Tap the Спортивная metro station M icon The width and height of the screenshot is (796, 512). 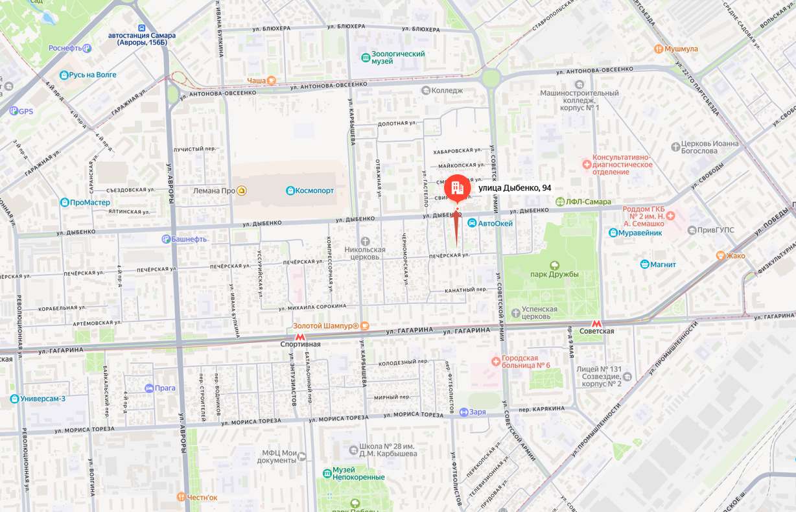[300, 336]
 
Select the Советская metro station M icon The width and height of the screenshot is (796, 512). [596, 323]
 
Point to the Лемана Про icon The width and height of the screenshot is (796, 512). [242, 191]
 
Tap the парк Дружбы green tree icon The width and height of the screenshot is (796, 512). [554, 265]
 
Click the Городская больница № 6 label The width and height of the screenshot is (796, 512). [526, 362]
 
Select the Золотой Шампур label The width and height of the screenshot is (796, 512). [325, 325]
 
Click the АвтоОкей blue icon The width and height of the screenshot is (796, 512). [473, 223]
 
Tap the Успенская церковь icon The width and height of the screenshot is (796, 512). [515, 313]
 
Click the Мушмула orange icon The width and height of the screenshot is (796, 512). [659, 49]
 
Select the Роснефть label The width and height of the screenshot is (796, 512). [65, 48]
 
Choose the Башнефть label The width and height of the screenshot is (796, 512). [189, 239]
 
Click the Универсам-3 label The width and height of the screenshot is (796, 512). [43, 399]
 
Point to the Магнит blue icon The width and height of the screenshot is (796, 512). [644, 264]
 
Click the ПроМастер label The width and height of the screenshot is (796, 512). [90, 202]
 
